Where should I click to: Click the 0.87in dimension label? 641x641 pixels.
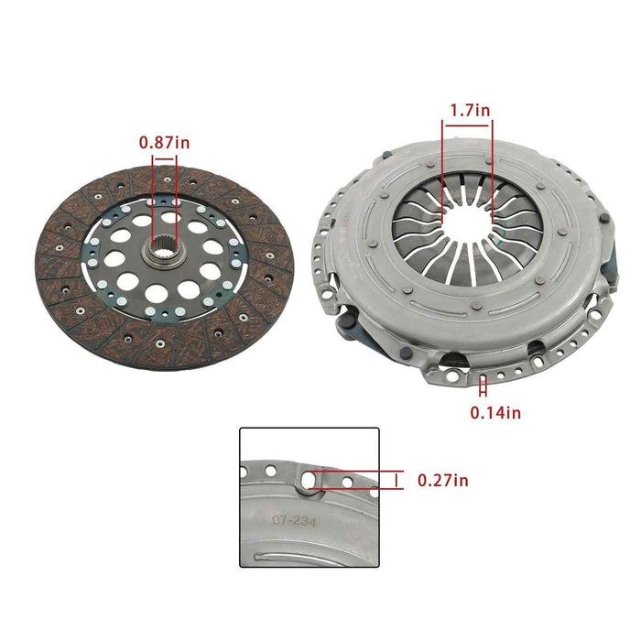165,142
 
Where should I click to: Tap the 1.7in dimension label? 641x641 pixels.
469,110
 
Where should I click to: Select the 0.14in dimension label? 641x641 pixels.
495,412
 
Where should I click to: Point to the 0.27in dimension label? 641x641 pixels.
442,479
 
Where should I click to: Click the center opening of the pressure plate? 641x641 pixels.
467,226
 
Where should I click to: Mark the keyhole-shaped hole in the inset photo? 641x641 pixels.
314,479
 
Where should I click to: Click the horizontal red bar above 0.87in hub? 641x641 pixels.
165,158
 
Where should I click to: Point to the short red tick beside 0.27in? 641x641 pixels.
397,480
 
